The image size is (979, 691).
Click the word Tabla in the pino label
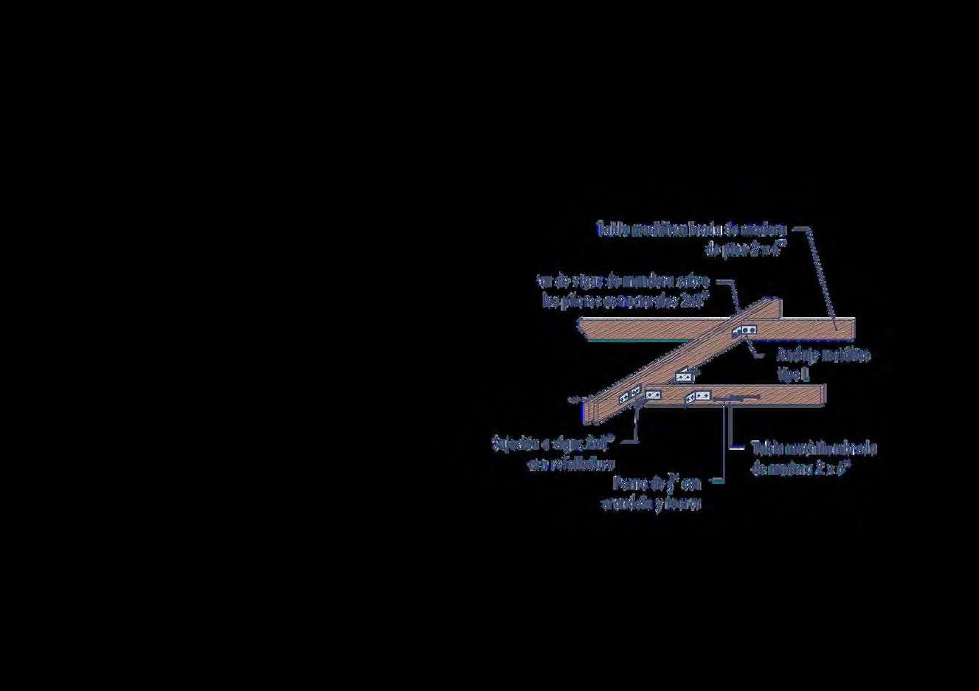pos(611,229)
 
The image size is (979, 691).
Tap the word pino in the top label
pos(736,250)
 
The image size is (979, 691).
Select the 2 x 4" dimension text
pos(769,249)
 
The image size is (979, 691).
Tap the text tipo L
pos(794,375)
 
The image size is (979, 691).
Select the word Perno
pos(630,484)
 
